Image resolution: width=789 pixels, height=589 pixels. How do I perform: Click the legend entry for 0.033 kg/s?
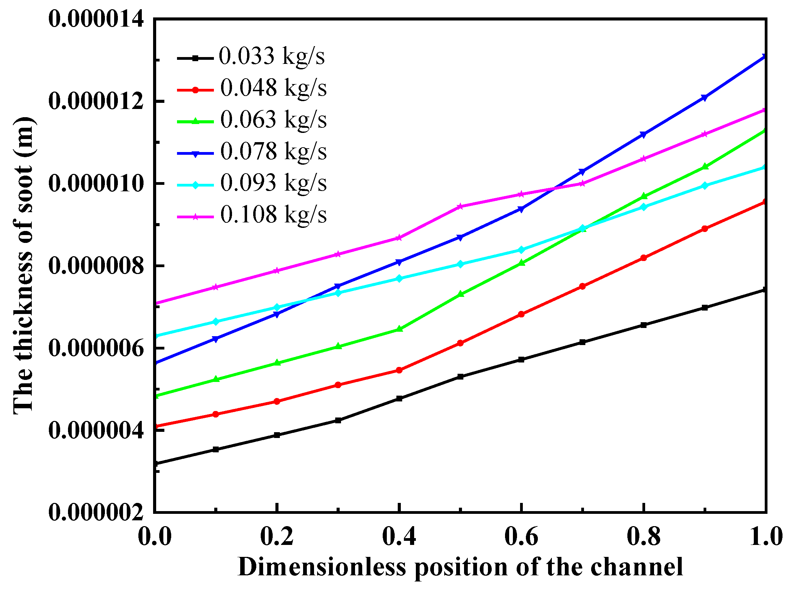point(271,56)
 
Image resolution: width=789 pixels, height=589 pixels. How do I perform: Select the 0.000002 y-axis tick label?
point(96,512)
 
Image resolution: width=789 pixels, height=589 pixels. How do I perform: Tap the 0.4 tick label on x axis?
point(399,536)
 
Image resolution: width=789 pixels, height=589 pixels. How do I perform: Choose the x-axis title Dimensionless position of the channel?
point(460,567)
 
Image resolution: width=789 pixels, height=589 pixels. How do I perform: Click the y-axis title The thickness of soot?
point(24,265)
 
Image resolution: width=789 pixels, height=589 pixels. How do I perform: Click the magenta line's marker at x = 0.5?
point(460,206)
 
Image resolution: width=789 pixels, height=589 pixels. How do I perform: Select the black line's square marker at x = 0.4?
point(399,399)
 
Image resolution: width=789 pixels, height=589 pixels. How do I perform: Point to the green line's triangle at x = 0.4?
point(399,329)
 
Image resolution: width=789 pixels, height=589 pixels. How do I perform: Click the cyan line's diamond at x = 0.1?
point(215,321)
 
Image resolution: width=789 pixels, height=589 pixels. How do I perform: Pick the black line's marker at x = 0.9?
point(705,308)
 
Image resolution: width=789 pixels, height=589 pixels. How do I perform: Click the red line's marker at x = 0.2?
point(277,401)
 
